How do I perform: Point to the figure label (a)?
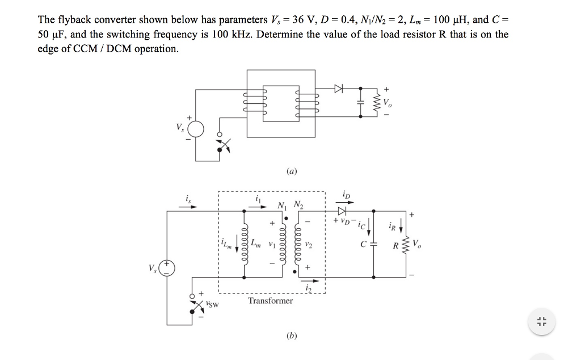tap(291, 171)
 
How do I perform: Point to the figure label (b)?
tap(292, 336)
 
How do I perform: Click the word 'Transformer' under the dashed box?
tap(270, 300)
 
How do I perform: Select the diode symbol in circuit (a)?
tap(339, 89)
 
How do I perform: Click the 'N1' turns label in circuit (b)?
tap(281, 206)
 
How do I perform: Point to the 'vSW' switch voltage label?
tap(213, 305)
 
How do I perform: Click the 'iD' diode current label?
tap(347, 195)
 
